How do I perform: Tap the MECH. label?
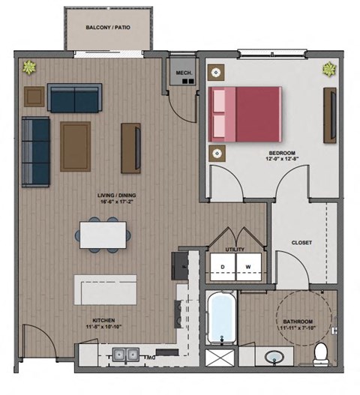tap(183, 73)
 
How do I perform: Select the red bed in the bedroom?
tap(245, 114)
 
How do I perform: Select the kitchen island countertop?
tap(105, 289)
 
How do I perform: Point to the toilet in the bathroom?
tap(322, 352)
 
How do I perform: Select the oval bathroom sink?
tap(275, 356)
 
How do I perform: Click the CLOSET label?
tap(301, 243)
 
